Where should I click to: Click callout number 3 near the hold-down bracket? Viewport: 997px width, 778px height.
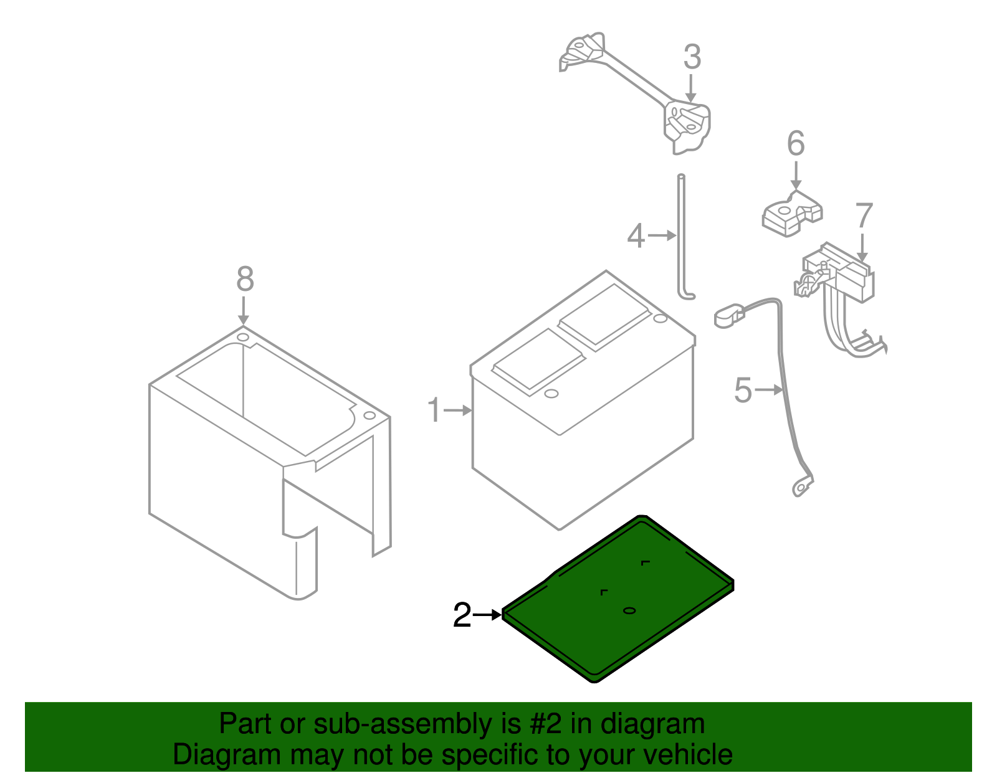[692, 57]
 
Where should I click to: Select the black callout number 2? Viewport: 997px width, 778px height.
[462, 616]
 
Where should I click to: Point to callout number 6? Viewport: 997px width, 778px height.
[796, 144]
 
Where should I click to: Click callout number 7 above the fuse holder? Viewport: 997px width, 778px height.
[864, 216]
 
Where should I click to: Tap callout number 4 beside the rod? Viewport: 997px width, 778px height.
[636, 237]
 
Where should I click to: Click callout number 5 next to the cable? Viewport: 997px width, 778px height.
[743, 391]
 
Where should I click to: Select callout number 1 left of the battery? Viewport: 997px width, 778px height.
[434, 411]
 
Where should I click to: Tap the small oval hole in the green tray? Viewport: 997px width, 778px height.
[629, 610]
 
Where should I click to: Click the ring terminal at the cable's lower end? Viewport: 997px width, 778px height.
[799, 488]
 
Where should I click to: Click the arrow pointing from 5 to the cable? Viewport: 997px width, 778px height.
[770, 390]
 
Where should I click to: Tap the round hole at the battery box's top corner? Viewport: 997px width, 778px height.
[243, 337]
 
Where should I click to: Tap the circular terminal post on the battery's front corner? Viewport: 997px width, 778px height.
[550, 394]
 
